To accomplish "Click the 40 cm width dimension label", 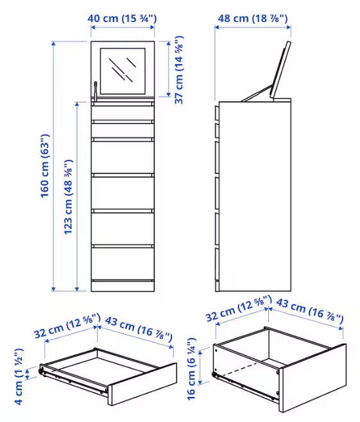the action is pos(122,19).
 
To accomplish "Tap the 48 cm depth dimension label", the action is pos(253,19).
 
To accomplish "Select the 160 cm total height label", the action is pos(45,165).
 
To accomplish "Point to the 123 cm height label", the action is pos(68,197).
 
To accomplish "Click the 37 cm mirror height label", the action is pos(179,70).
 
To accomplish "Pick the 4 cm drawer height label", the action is pos(19,376).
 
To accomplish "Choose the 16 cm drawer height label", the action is pos(191,369).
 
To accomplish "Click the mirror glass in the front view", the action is pos(123,71).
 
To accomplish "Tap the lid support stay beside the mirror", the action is pos(96,90).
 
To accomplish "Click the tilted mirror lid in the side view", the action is pos(280,69).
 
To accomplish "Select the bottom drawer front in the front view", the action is pos(123,264).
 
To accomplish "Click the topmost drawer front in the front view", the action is pos(123,113).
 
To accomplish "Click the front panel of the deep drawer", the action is pos(313,378).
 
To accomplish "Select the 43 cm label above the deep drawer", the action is pos(310,310).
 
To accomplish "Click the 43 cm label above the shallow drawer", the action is pos(139,329).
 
